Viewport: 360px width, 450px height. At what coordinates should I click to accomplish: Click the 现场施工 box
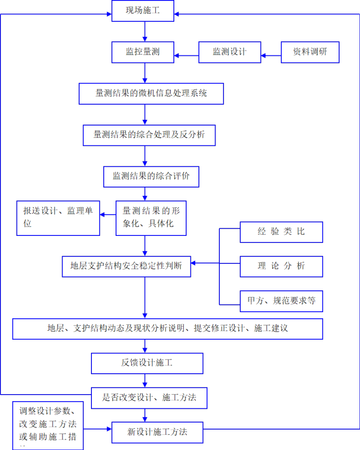point(143,11)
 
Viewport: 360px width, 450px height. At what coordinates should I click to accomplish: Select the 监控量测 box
point(143,52)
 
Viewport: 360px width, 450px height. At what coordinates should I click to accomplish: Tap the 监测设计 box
point(230,52)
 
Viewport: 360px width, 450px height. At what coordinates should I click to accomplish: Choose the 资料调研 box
point(310,52)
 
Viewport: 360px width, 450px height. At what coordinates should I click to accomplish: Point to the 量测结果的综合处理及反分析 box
point(150,135)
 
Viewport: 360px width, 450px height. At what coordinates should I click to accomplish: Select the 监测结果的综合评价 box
point(151,176)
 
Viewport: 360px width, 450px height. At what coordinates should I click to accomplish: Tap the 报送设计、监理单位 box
point(58,218)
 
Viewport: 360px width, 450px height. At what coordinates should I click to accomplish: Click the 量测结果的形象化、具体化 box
point(151,218)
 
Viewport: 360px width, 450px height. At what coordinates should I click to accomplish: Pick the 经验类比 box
point(281,232)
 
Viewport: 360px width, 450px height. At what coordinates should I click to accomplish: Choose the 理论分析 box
point(281,266)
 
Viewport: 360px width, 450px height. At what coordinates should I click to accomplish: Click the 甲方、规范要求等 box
point(281,301)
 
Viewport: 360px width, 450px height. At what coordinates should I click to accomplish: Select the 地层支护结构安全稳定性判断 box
point(126,266)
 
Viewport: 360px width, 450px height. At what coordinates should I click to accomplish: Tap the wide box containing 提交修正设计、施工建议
point(168,328)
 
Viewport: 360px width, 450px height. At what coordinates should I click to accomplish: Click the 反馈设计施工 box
point(147,363)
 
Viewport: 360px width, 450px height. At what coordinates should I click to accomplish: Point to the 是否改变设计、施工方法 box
point(150,398)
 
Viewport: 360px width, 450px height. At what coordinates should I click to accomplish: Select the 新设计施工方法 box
point(157,432)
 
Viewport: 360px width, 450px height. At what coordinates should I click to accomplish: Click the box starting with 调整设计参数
point(48,425)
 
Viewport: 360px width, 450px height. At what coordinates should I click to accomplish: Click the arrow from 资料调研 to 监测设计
point(271,56)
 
